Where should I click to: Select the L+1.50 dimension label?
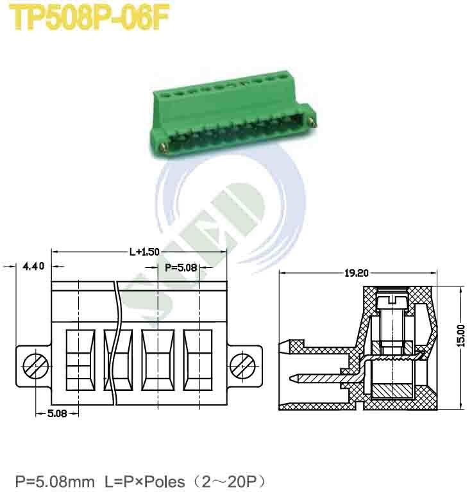tap(144, 252)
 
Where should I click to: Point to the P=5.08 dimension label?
tap(180, 267)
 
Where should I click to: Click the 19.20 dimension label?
tap(357, 273)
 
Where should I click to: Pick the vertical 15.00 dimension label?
tap(460, 336)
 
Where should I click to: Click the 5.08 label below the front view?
tap(57, 413)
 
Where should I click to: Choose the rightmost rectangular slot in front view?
tap(198, 360)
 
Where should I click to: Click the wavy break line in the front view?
tap(115, 346)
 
